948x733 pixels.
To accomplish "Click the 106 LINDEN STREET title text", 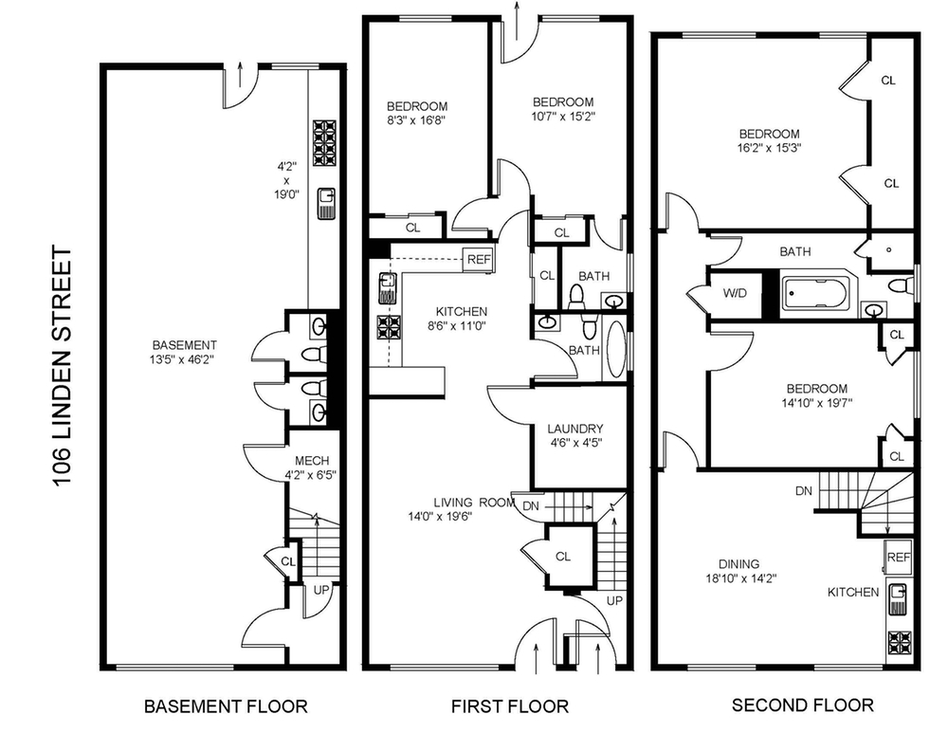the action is click(x=62, y=365).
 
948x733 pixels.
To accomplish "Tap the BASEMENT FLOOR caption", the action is click(x=226, y=706).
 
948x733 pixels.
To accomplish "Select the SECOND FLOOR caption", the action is click(x=802, y=705).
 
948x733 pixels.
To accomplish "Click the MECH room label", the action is click(x=312, y=461).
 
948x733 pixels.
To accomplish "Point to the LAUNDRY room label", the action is click(x=575, y=429).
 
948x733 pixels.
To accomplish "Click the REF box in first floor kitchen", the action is click(x=479, y=259).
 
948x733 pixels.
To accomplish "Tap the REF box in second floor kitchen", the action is click(x=899, y=557).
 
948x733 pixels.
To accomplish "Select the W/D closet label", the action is click(x=735, y=293).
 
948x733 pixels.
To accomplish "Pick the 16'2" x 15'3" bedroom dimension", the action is click(x=769, y=148).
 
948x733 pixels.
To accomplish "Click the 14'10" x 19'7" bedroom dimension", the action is click(x=817, y=402).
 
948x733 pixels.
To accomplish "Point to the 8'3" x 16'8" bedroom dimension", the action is click(x=416, y=119).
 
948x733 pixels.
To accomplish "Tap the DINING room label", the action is click(x=739, y=564).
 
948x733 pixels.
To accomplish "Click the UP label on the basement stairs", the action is click(x=321, y=589).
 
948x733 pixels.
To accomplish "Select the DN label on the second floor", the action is click(x=804, y=491).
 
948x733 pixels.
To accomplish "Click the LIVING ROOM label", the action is click(x=475, y=502).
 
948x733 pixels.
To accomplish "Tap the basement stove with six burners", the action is click(x=324, y=143).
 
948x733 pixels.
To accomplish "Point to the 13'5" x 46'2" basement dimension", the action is click(x=184, y=358).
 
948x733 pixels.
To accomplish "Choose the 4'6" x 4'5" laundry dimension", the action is click(x=575, y=442).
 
